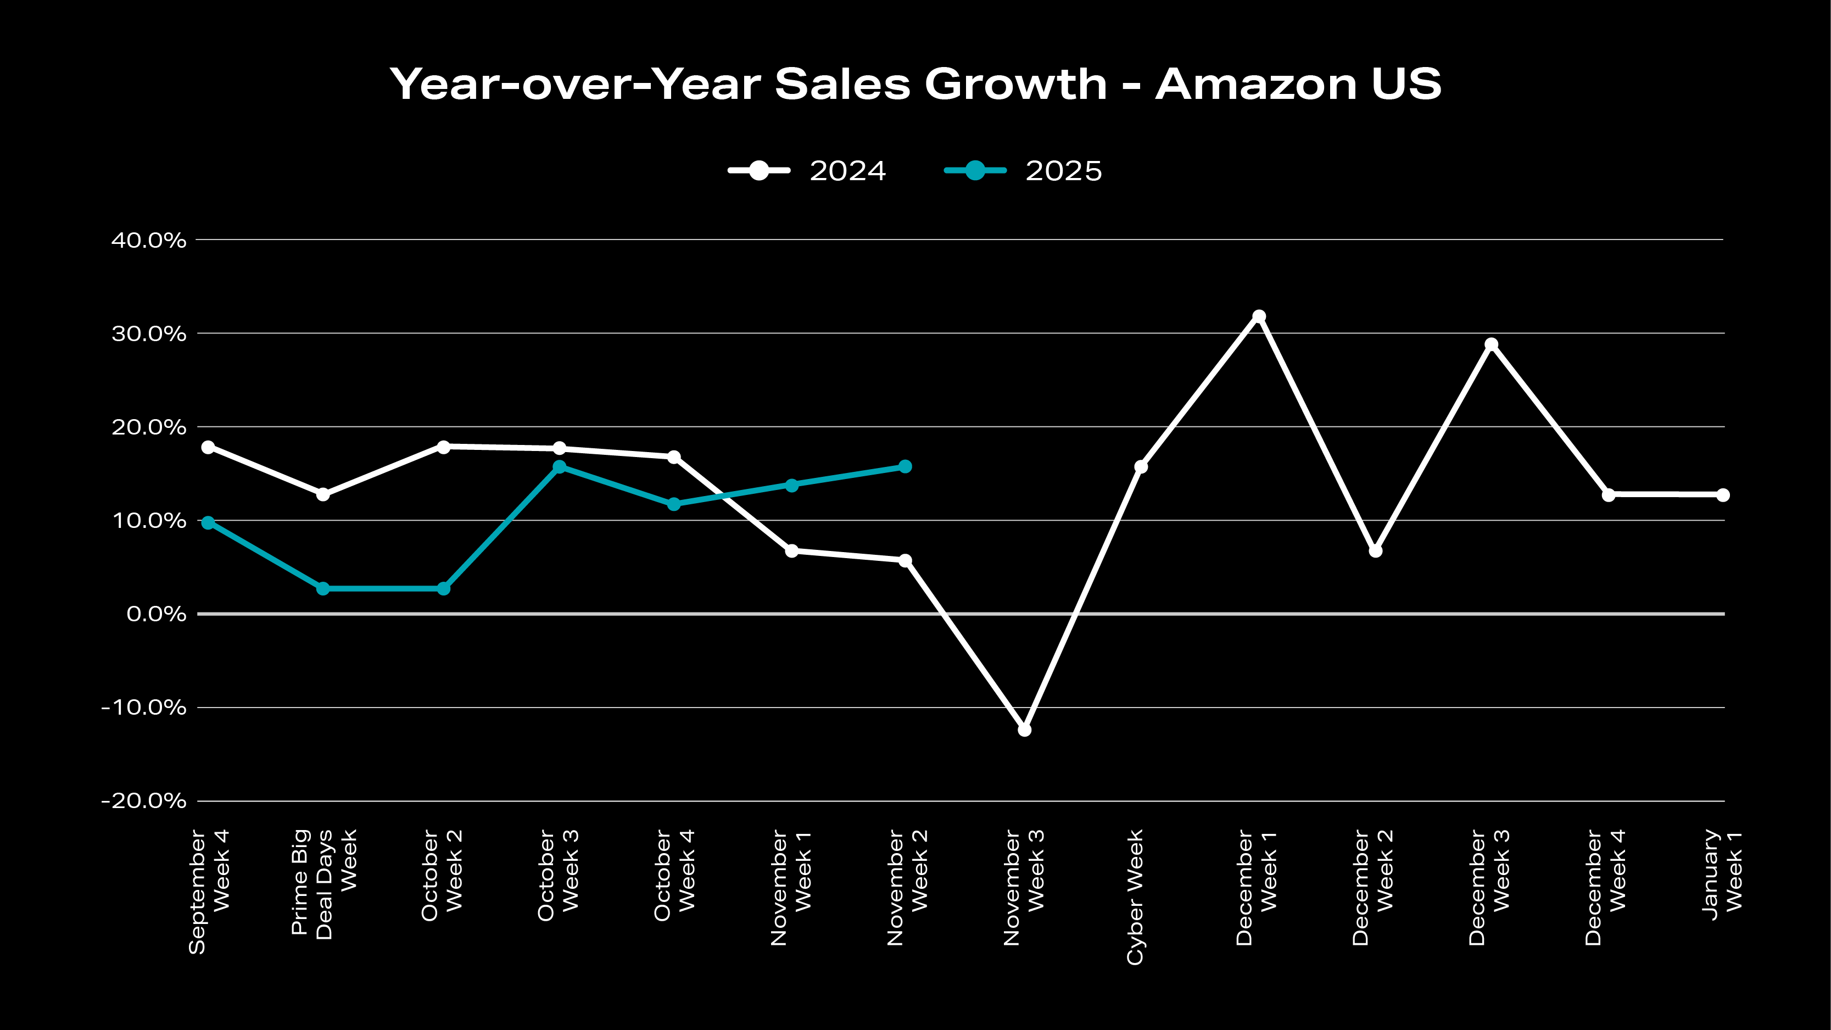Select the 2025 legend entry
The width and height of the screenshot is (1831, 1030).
(1024, 171)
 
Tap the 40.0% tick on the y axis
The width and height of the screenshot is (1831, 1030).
(148, 240)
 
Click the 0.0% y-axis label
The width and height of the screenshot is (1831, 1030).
(157, 614)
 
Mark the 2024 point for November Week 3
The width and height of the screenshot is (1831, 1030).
(1024, 730)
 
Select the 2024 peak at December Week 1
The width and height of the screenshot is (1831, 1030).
(1259, 316)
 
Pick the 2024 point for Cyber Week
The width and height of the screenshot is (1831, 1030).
(1141, 467)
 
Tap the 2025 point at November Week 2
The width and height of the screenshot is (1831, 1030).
(905, 467)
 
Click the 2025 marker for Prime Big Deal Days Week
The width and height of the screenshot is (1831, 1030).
(323, 588)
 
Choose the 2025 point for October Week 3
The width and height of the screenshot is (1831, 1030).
(560, 467)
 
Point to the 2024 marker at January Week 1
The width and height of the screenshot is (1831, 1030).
(1723, 495)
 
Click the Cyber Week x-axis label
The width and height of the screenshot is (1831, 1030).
(1135, 897)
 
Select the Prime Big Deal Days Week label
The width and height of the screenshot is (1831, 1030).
(323, 884)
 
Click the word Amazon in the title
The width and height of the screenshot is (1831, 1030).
(1256, 84)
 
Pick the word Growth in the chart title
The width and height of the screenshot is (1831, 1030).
(1015, 84)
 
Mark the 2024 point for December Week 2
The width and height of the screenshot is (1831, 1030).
(1375, 551)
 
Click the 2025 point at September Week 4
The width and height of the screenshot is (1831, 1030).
(208, 522)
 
